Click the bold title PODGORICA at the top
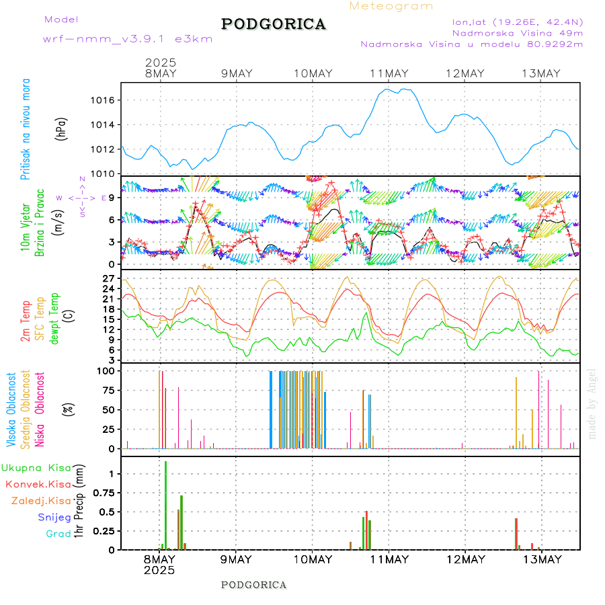tap(274, 24)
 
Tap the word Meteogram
tap(391, 6)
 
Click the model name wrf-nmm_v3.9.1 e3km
tap(128, 39)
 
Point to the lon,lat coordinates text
tap(517, 21)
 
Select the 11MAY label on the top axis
tap(389, 73)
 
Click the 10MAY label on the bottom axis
tap(313, 559)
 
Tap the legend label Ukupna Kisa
tap(36, 467)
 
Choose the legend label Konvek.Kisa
tap(38, 484)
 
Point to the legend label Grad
tap(58, 534)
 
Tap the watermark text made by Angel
tap(592, 403)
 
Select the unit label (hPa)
tap(62, 128)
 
